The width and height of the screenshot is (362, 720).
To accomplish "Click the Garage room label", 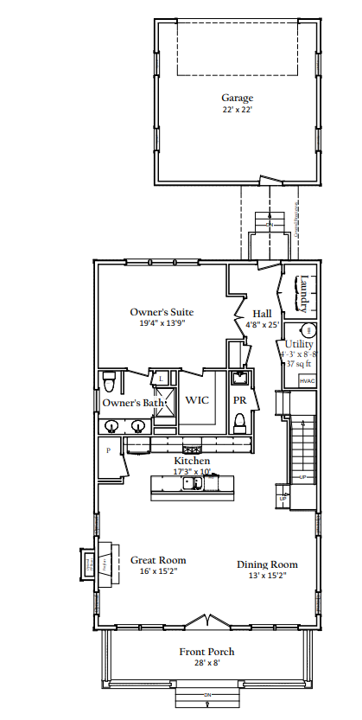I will [237, 98].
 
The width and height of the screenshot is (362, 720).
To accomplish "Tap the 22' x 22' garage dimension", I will [237, 110].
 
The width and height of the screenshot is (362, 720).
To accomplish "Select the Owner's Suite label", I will [162, 311].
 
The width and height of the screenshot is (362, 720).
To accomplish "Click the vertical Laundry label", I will [303, 293].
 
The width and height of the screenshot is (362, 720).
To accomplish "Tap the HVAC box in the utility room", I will [307, 380].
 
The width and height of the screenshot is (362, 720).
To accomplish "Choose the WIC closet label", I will [198, 401].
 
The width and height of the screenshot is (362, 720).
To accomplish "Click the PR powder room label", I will [240, 401].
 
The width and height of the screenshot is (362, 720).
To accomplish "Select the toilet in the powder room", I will [241, 421].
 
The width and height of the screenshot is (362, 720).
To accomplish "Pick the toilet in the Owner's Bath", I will [109, 381].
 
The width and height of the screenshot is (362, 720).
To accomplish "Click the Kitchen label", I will [192, 462].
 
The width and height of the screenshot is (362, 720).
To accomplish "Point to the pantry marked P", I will [109, 450].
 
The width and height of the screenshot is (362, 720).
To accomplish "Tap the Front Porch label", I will [206, 652].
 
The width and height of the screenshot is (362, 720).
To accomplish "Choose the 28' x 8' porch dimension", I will [206, 664].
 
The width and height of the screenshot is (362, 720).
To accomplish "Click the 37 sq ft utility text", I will [300, 365].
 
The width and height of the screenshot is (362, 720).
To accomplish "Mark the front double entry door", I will [206, 622].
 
